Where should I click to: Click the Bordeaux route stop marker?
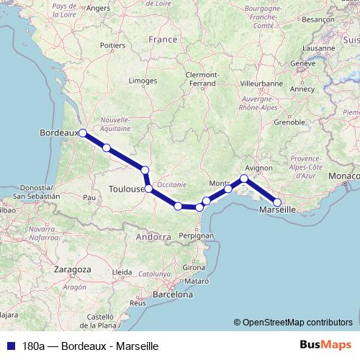(x=83, y=132)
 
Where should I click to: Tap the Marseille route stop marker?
(x=278, y=202)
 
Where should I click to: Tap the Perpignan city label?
(x=195, y=235)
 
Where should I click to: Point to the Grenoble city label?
(x=289, y=122)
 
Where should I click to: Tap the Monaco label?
(x=341, y=176)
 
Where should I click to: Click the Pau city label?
(x=89, y=197)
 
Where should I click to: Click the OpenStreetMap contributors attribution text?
(x=297, y=322)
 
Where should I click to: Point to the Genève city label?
(x=303, y=63)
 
